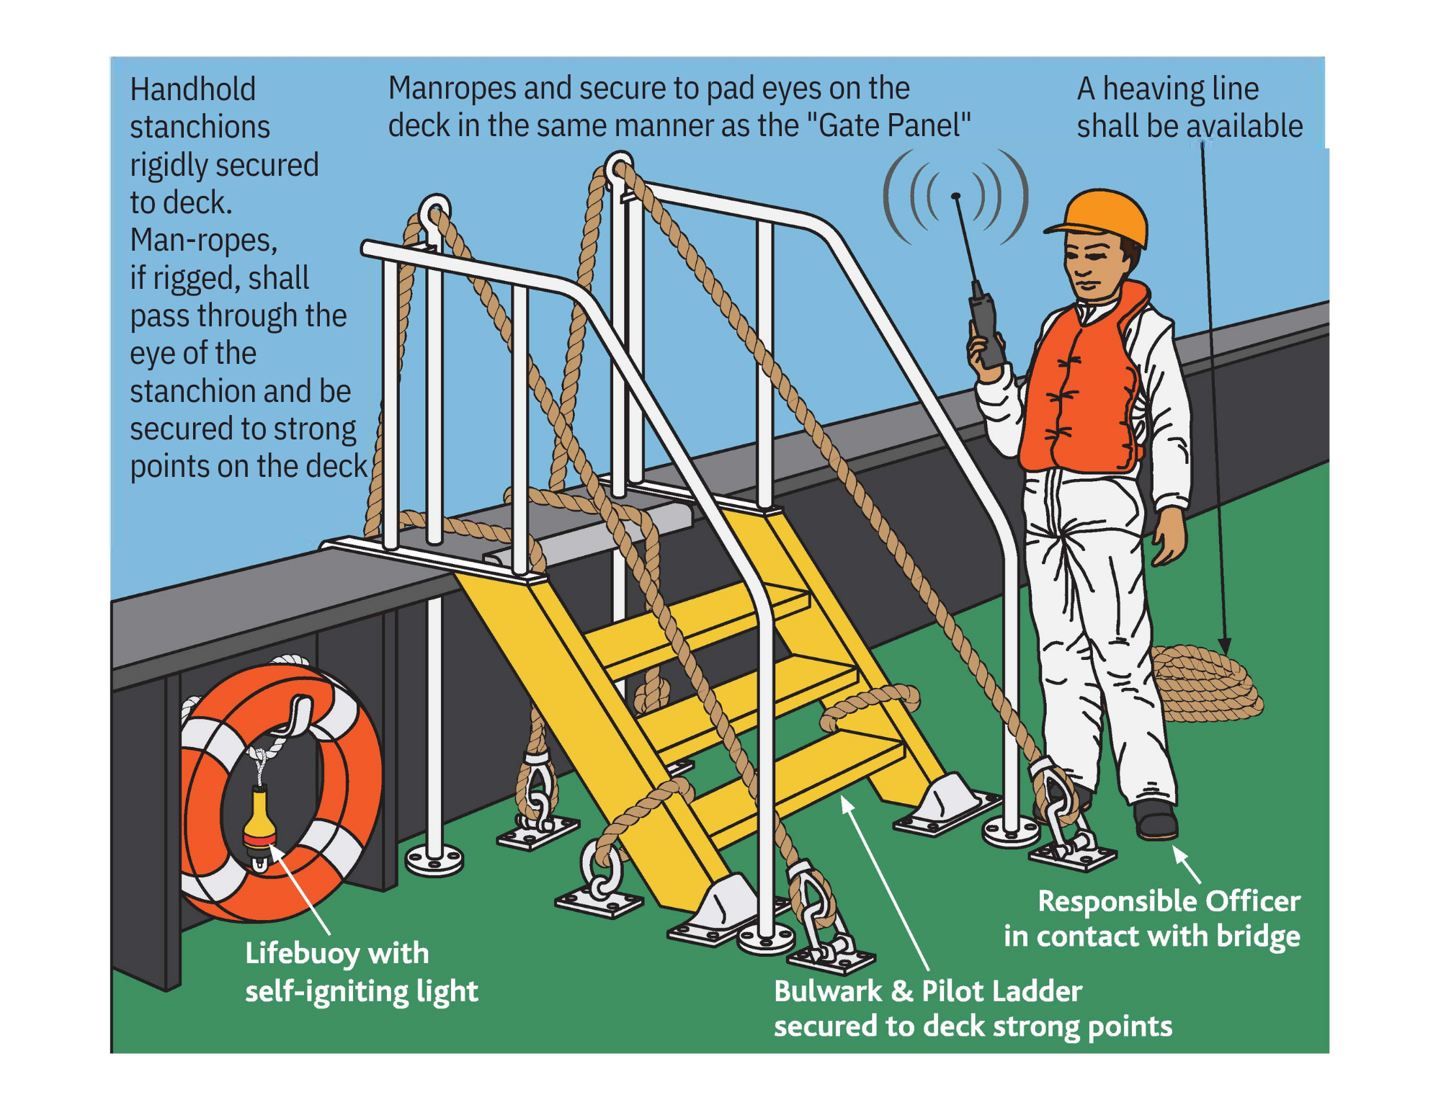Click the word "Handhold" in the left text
click(192, 90)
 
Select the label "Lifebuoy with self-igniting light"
click(361, 972)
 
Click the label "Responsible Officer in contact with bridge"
click(1152, 918)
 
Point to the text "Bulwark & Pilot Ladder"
click(928, 991)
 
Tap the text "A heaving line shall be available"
click(1190, 107)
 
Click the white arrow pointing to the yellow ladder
click(885, 883)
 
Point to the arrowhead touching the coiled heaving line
click(1225, 646)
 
